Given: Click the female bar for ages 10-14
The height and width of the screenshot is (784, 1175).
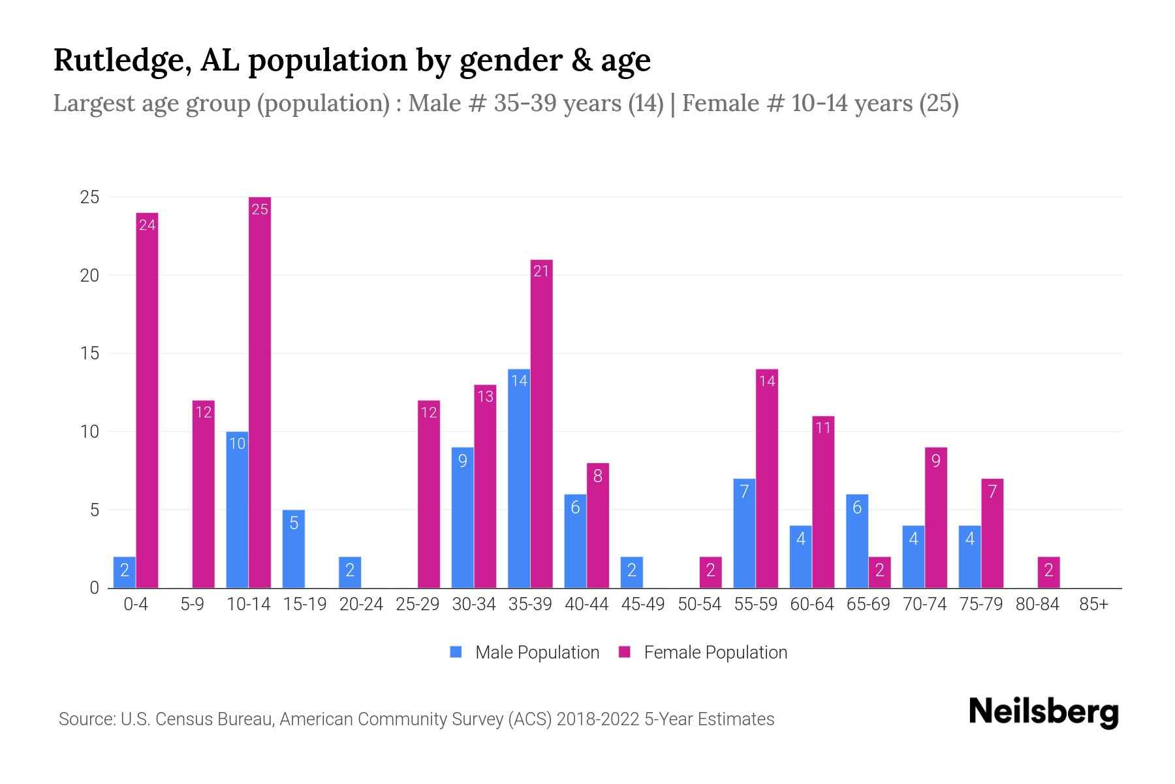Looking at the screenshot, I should pyautogui.click(x=259, y=392).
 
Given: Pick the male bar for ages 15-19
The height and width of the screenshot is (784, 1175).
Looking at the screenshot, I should pyautogui.click(x=294, y=549).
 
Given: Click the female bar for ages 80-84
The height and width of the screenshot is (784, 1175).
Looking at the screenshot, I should pyautogui.click(x=1048, y=572).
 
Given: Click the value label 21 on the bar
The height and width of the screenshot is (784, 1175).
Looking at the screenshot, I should pyautogui.click(x=541, y=271).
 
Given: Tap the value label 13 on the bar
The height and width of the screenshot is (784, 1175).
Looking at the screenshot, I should pyautogui.click(x=485, y=396).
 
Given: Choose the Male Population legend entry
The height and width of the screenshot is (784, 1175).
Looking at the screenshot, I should pyautogui.click(x=524, y=652).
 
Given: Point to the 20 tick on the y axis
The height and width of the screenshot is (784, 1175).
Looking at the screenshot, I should pyautogui.click(x=89, y=276).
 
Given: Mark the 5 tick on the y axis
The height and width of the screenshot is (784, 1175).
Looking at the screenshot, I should pyautogui.click(x=95, y=510).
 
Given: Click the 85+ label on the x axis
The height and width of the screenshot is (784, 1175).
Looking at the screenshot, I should pyautogui.click(x=1093, y=604).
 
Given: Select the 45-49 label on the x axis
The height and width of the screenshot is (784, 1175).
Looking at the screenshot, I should pyautogui.click(x=642, y=604).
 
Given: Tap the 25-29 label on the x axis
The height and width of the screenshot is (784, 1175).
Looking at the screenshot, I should pyautogui.click(x=417, y=604).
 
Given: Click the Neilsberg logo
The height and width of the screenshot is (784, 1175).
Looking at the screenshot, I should pyautogui.click(x=1043, y=712).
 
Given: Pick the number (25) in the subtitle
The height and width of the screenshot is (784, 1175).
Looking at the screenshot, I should pyautogui.click(x=939, y=103).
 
